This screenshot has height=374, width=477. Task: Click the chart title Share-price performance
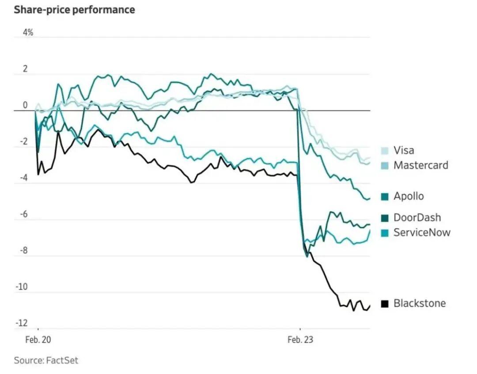point(74,10)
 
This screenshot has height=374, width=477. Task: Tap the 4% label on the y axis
point(28,33)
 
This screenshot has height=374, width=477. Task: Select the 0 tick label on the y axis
point(25,105)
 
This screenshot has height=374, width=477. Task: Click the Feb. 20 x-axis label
point(38,340)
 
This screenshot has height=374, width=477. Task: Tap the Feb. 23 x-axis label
point(300,340)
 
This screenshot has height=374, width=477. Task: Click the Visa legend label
point(404,150)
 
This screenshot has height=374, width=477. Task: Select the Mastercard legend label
point(420,165)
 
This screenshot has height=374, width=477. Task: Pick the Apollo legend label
point(409,196)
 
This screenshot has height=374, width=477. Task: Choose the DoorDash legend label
point(417,218)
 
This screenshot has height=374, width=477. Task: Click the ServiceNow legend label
point(422,232)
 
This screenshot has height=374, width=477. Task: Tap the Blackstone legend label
point(420,303)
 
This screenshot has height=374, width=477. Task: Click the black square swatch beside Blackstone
point(385,304)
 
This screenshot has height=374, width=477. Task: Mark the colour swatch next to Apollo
point(385,197)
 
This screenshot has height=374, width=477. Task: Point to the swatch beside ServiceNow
point(385,233)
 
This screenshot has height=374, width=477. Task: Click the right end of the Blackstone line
point(370,305)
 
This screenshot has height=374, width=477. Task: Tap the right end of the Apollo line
point(369,198)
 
